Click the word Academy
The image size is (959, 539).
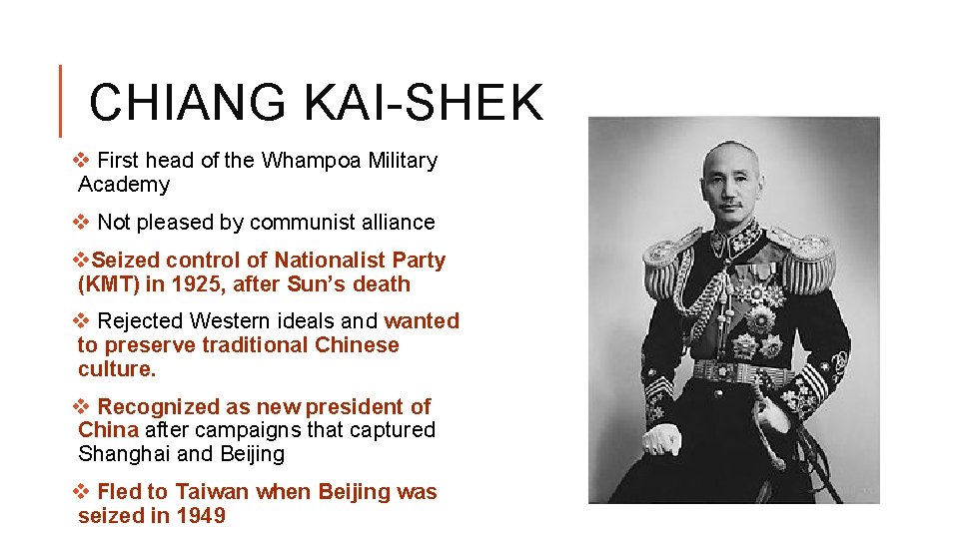(x=124, y=185)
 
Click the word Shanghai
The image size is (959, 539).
(x=125, y=454)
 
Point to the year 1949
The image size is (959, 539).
(x=201, y=516)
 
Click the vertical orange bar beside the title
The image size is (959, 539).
(x=61, y=101)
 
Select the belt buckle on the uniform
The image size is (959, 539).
(x=738, y=372)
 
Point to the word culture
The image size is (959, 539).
(x=117, y=369)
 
